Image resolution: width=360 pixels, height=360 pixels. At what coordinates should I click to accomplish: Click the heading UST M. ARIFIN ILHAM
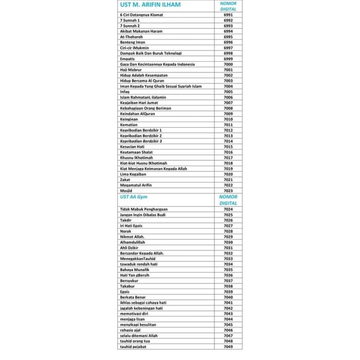(x=150, y=6)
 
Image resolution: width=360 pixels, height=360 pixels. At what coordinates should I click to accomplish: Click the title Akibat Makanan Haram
(x=140, y=31)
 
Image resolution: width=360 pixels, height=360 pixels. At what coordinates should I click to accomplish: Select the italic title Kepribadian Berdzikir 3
(x=141, y=141)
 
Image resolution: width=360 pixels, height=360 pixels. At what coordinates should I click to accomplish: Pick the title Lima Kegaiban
(x=134, y=174)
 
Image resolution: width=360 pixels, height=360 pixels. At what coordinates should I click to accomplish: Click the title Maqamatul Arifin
(x=136, y=185)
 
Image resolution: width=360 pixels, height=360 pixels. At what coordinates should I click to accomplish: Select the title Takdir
(x=126, y=220)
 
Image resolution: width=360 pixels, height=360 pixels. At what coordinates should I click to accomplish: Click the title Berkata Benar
(x=133, y=297)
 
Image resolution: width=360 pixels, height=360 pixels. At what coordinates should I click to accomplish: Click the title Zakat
(x=125, y=180)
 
